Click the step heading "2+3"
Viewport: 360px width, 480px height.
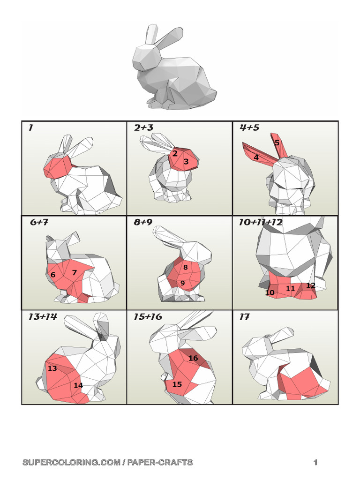tap(143, 127)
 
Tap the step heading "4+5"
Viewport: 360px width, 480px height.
tap(249, 127)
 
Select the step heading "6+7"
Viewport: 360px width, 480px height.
tap(39, 223)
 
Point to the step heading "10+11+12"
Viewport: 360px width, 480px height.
tap(261, 223)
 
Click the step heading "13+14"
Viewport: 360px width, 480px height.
tap(42, 317)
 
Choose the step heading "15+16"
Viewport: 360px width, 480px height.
tap(148, 317)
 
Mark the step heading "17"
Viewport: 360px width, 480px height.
tap(244, 317)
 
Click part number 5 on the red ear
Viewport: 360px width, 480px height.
tap(277, 142)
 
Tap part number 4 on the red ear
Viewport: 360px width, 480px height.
tap(256, 157)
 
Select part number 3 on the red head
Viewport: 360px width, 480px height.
tap(186, 161)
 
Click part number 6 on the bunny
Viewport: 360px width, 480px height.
tap(53, 275)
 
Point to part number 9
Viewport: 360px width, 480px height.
tap(182, 283)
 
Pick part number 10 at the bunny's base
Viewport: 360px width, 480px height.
tap(270, 292)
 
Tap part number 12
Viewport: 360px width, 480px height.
tap(310, 285)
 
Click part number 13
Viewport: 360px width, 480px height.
tap(52, 368)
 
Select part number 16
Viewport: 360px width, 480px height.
tap(193, 358)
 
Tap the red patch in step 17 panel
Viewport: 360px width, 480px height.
tap(302, 382)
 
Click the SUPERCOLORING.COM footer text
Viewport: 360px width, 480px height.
tap(107, 463)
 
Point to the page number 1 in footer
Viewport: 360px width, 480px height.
tap(315, 463)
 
